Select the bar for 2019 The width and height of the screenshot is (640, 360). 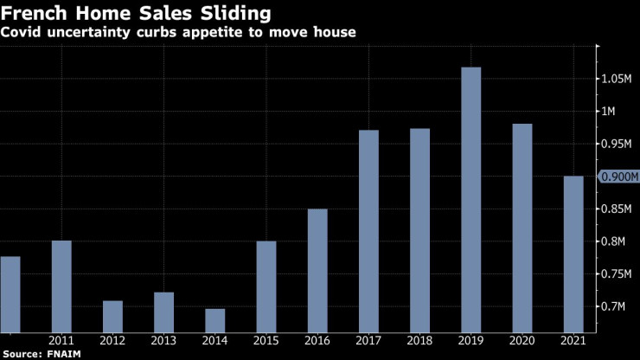click(470, 199)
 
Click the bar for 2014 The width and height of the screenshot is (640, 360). click(215, 319)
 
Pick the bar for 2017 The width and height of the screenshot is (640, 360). click(368, 230)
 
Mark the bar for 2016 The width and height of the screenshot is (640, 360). click(317, 269)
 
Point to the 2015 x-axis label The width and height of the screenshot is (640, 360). click(266, 340)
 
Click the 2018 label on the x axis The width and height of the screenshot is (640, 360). click(419, 340)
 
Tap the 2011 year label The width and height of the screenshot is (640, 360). click(61, 340)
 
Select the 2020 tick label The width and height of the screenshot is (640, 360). click(522, 340)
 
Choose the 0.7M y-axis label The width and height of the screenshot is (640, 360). click(616, 306)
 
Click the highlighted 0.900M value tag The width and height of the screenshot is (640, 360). click(619, 177)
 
